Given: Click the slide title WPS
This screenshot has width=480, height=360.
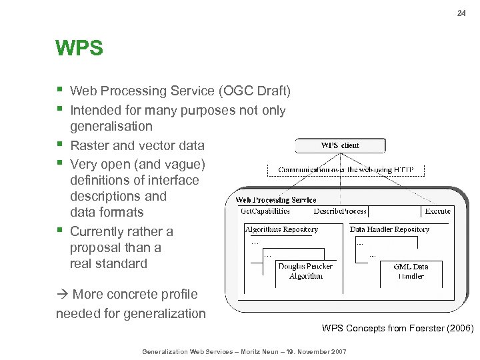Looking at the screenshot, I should tap(79, 49).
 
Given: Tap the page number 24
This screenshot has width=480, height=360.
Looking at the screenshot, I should tap(461, 13).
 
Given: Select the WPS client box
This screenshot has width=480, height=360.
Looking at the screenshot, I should tap(340, 145).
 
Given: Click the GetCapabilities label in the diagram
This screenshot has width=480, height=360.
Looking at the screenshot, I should tap(265, 211).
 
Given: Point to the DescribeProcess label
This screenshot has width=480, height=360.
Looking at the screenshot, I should tap(340, 211).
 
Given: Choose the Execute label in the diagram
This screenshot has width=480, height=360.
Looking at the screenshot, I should tap(437, 211).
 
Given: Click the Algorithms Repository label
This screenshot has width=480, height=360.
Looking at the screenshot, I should tap(281, 229).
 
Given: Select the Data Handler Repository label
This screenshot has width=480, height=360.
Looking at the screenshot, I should tap(389, 229).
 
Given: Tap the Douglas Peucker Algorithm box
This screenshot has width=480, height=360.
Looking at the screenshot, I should tap(305, 271).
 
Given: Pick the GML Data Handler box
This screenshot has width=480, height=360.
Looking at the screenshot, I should tap(411, 271).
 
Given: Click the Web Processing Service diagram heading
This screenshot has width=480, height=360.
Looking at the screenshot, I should tap(276, 200).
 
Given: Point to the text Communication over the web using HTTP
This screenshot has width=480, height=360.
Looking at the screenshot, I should tap(346, 170).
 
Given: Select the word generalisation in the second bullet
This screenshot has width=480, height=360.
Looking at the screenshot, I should tap(111, 127).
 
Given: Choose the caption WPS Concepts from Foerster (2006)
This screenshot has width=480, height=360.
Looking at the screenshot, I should tap(397, 328).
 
